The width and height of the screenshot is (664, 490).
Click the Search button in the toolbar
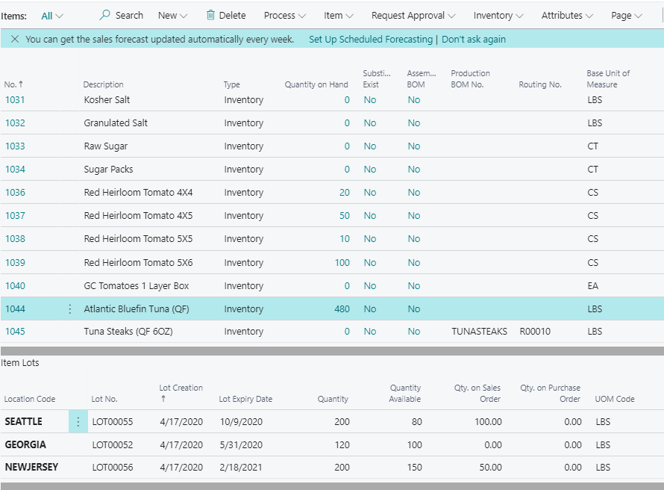point(121,15)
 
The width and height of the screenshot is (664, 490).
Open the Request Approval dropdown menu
point(413,15)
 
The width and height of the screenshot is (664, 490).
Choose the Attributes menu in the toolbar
point(567,15)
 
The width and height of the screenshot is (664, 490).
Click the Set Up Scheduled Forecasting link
point(370,39)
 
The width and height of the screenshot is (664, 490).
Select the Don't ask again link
point(474,39)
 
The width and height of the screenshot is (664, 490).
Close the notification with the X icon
point(14,39)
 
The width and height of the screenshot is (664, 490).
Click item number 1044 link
point(15,308)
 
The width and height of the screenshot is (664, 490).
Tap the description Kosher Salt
point(107,99)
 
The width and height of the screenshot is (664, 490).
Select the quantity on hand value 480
point(342,308)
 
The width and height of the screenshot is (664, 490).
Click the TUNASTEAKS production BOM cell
point(479,331)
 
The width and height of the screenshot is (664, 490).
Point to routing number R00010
point(535,331)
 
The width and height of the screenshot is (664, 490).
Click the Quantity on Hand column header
point(316,84)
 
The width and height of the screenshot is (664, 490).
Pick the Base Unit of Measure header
point(608,78)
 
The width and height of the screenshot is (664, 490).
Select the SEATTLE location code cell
point(24,421)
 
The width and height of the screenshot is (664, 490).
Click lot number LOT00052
point(113,444)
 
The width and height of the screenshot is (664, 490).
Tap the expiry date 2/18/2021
point(240,467)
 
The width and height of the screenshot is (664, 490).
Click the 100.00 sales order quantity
point(487,421)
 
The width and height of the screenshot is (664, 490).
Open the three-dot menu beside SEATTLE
point(78,421)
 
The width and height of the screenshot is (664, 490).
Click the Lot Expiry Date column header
point(245,399)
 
